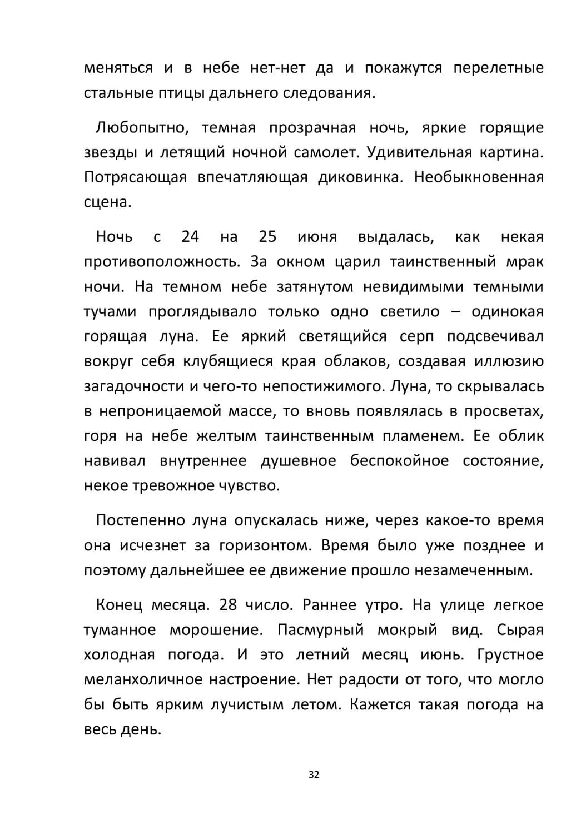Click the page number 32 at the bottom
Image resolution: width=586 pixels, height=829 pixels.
tap(314, 775)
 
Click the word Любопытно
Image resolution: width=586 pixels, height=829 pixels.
tap(141, 128)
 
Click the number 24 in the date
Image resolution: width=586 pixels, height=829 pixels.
tap(190, 237)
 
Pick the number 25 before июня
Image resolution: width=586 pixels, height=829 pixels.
tap(267, 237)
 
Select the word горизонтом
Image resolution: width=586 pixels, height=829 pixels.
tap(264, 545)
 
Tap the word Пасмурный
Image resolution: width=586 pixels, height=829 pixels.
tap(320, 630)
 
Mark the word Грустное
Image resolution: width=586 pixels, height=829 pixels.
tap(510, 654)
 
